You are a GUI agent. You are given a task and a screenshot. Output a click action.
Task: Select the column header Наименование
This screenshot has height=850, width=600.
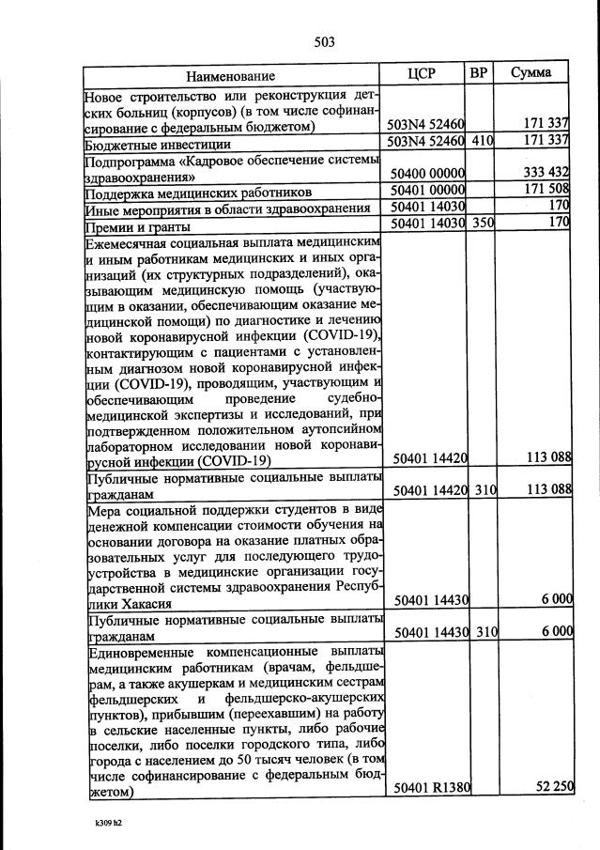coord(231,75)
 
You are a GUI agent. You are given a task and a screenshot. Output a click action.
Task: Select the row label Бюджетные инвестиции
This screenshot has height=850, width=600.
coord(145,145)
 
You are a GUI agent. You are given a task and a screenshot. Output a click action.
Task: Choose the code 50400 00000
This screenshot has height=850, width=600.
coord(428,175)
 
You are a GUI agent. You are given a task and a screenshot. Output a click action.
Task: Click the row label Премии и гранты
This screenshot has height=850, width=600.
coord(137,226)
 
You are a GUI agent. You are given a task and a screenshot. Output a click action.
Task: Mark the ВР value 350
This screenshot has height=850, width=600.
coord(482,224)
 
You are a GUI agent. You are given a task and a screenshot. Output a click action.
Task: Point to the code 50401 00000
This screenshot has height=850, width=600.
coord(428,192)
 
